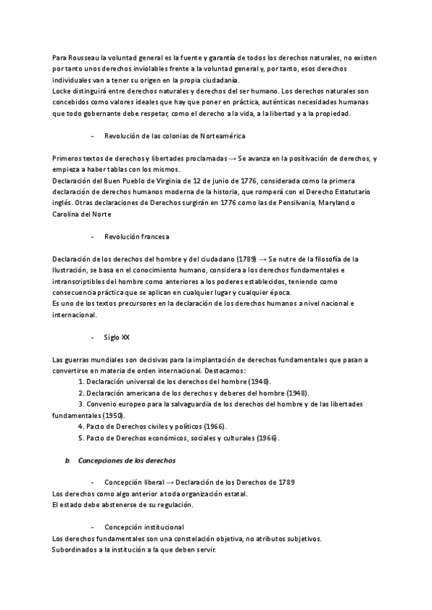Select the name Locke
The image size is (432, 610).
pos(63,91)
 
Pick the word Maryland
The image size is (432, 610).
pos(338,204)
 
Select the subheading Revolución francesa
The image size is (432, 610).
pos(137,236)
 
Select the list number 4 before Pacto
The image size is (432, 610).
pos(81,427)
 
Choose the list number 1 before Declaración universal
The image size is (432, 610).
pos(81,381)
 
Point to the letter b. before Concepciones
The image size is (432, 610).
pos(67,460)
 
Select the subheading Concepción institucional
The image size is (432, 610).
pos(144,527)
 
